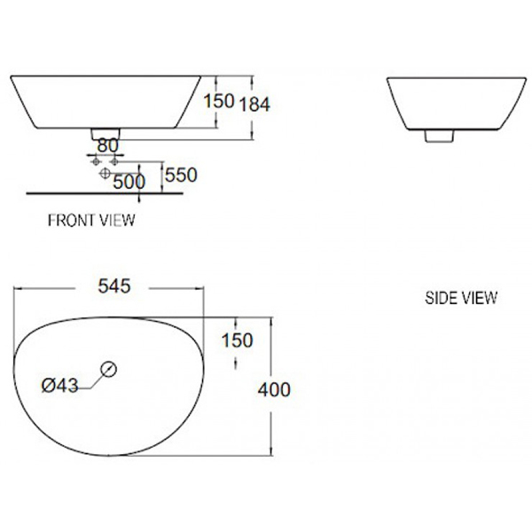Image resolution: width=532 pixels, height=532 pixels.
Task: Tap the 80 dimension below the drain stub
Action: (106, 144)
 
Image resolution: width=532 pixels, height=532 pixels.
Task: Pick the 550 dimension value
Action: (180, 175)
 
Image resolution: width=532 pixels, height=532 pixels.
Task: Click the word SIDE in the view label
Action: (440, 298)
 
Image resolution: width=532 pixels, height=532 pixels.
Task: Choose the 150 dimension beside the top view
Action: (237, 340)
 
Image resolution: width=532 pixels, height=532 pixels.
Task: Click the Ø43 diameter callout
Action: (61, 384)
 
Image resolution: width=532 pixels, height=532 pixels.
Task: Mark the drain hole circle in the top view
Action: (110, 368)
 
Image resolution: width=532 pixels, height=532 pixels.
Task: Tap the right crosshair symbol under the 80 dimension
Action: (113, 161)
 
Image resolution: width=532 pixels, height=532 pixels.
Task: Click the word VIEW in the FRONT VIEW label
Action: (116, 220)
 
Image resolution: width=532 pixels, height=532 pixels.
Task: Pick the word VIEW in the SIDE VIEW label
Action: (479, 298)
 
